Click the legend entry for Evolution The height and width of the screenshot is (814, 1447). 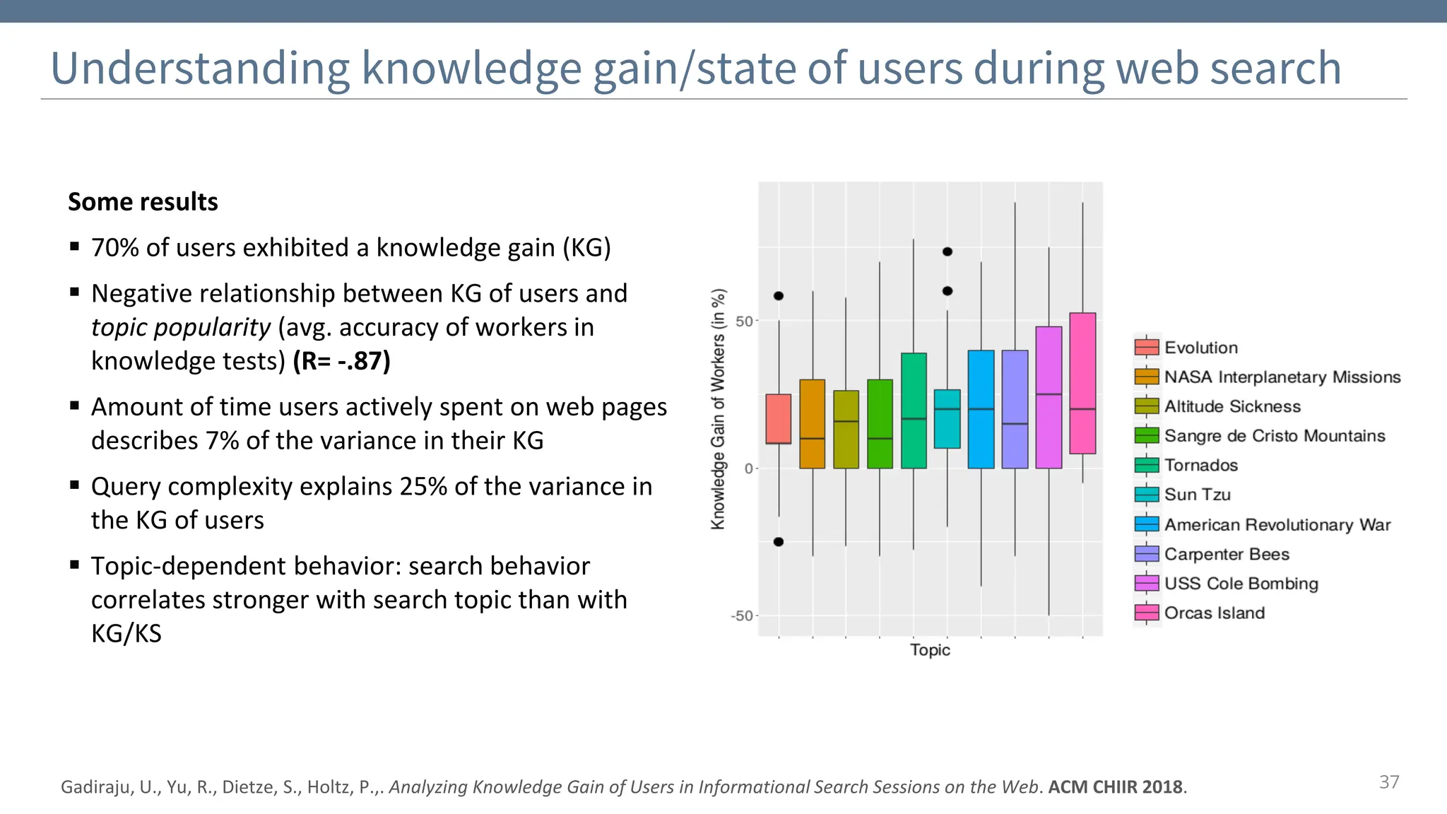click(x=1200, y=348)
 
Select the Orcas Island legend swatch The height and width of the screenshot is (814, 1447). click(x=1147, y=613)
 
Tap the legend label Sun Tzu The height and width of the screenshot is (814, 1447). click(x=1197, y=495)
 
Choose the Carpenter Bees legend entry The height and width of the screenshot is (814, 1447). click(x=1226, y=554)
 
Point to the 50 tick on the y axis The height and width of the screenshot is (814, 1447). click(x=745, y=322)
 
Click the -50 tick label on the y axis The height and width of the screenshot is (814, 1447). click(x=742, y=615)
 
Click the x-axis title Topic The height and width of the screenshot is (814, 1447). click(x=930, y=650)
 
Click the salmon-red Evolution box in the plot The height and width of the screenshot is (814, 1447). click(x=779, y=418)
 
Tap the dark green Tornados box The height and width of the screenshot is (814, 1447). click(x=914, y=410)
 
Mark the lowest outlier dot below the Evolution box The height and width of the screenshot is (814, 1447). click(x=779, y=542)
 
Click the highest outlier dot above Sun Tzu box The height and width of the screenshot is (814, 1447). click(x=947, y=252)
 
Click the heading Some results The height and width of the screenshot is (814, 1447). click(x=143, y=202)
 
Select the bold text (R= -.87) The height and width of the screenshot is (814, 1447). click(x=342, y=361)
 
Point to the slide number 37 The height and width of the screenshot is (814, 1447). click(x=1389, y=782)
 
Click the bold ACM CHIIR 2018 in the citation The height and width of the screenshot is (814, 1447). click(x=1116, y=787)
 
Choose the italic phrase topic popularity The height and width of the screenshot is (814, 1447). click(x=181, y=328)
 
